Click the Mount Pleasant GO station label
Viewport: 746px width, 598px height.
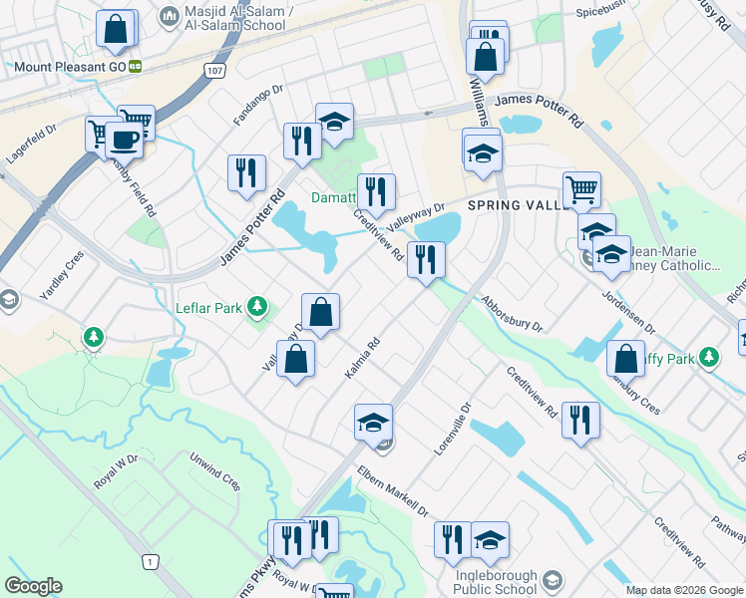pos(69,68)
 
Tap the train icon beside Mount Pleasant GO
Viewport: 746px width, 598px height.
pos(135,68)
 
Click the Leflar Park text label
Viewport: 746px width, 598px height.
pos(208,308)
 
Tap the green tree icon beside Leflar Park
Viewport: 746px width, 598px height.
pos(257,306)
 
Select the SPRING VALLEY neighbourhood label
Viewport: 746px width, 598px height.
pos(516,205)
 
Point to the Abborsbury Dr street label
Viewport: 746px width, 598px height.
pos(511,313)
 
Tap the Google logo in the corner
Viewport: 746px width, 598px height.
pos(33,585)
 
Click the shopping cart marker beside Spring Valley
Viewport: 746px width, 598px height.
pos(581,187)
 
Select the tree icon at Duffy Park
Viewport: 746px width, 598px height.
pos(709,356)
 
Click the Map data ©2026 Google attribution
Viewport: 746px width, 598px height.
pos(684,590)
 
